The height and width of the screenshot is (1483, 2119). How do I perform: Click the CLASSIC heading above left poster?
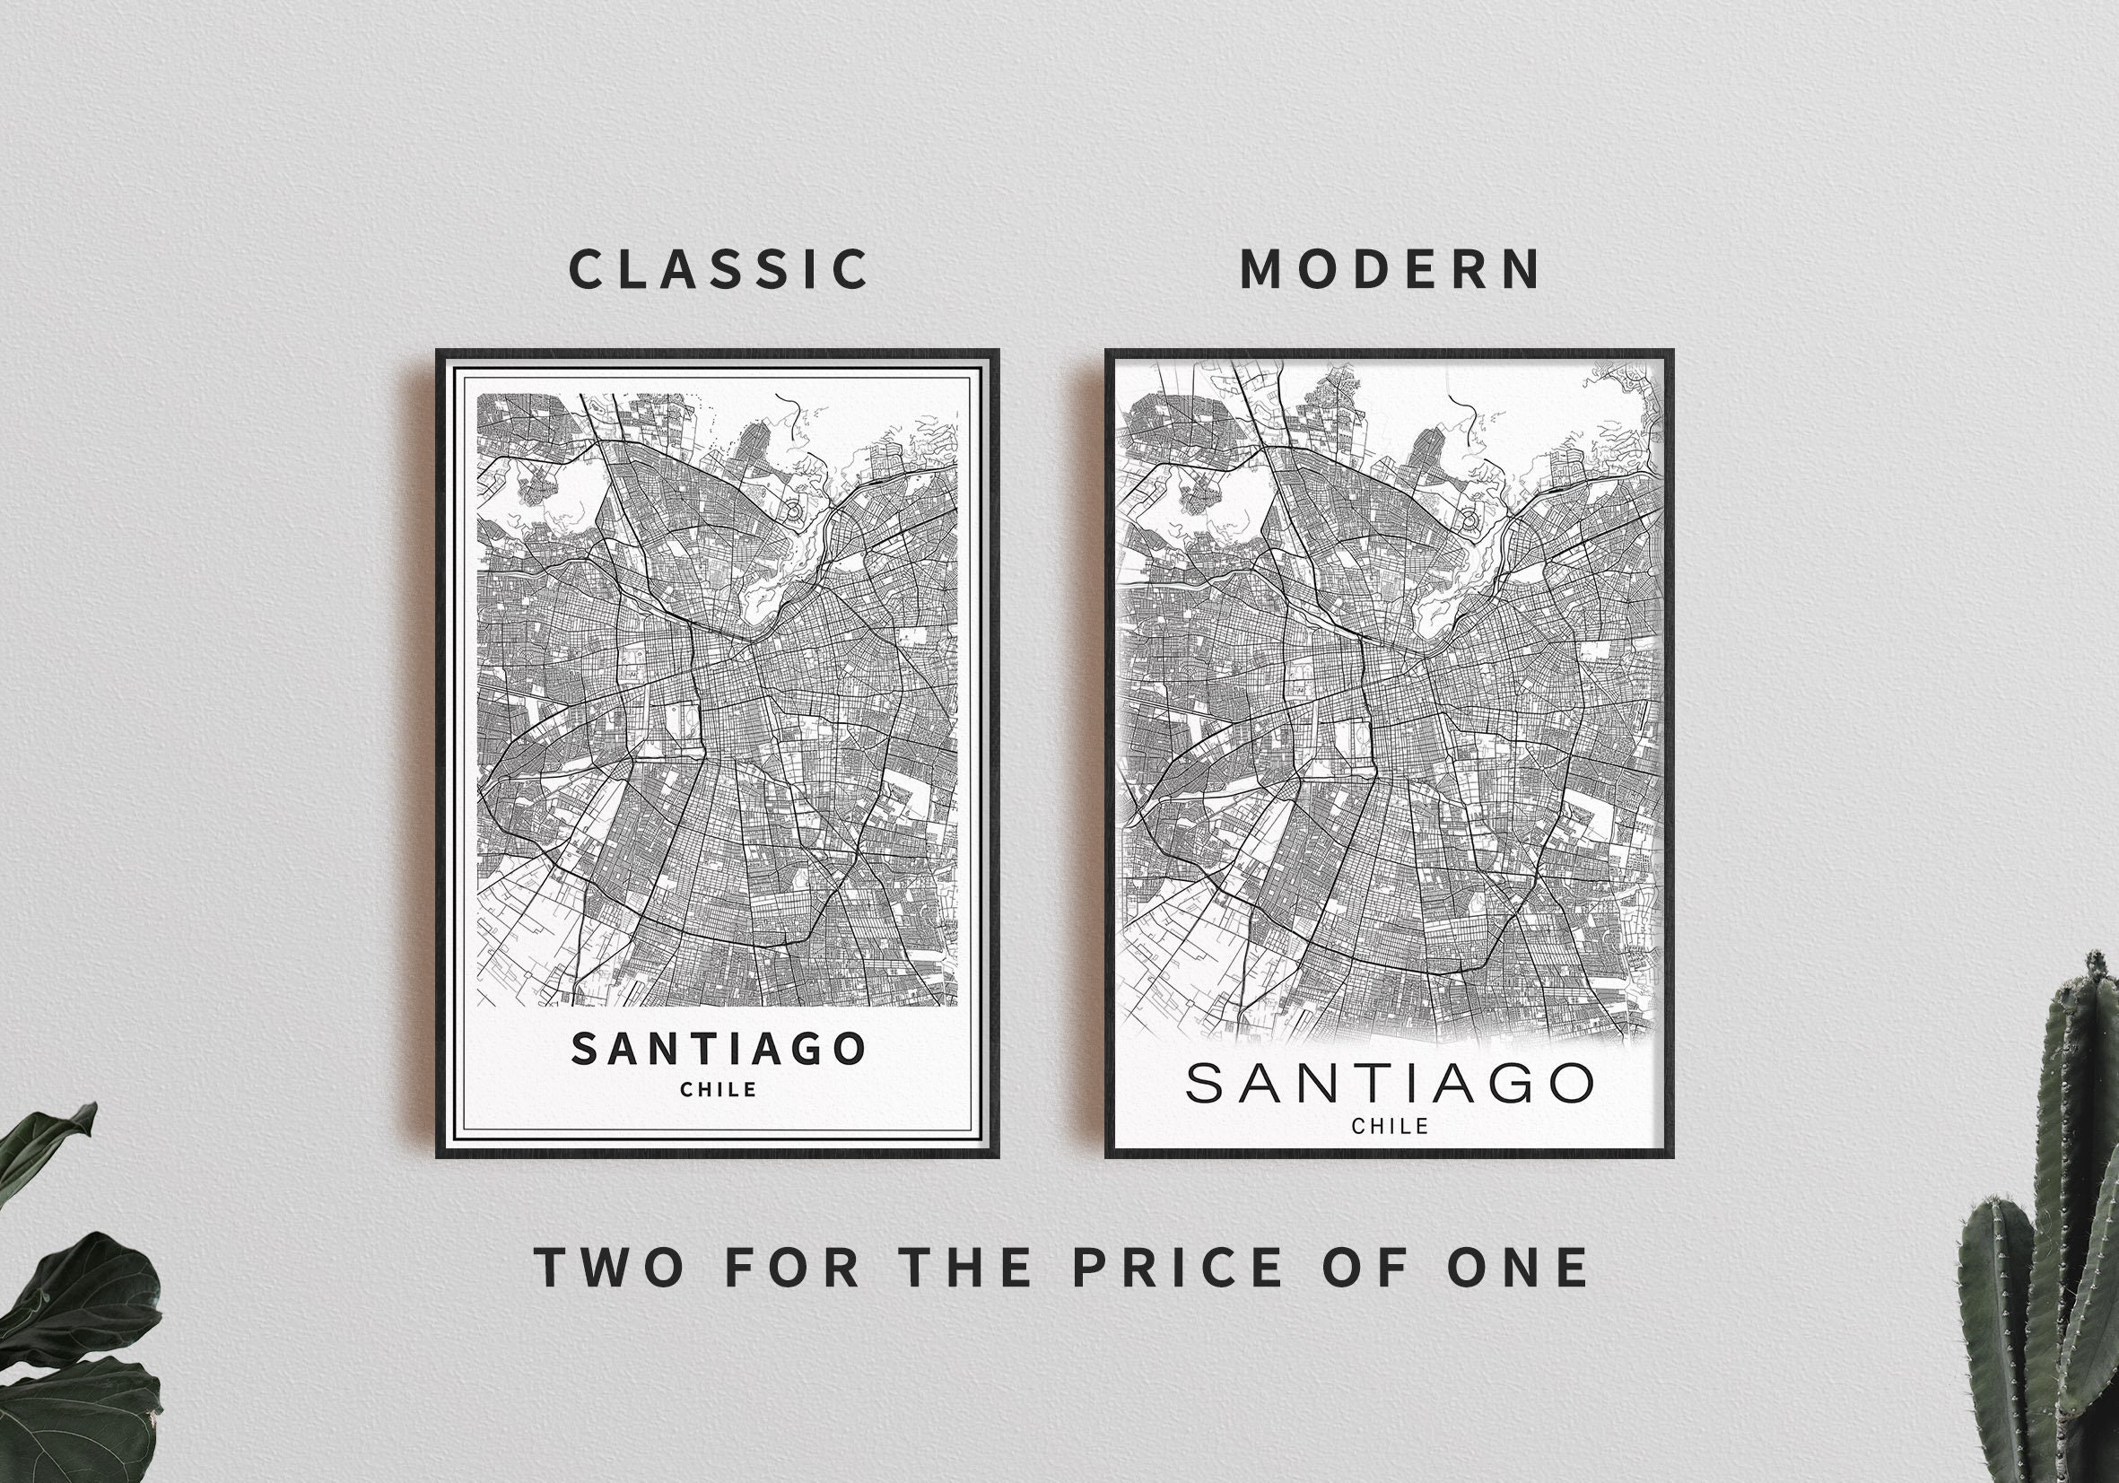[x=718, y=269]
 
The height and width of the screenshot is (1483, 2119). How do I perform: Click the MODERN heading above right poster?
[x=1389, y=269]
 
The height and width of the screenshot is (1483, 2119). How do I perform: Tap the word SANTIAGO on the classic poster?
[x=718, y=1050]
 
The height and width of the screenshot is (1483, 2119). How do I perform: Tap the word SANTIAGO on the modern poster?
[x=1389, y=1084]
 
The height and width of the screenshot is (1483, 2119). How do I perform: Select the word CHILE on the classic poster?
[x=718, y=1090]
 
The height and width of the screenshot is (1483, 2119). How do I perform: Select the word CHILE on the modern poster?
[x=1389, y=1127]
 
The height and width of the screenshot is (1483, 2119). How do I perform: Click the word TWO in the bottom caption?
[x=610, y=1267]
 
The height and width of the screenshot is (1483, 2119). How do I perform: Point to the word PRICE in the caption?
[x=1176, y=1267]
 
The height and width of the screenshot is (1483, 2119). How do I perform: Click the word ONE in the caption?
[x=1517, y=1267]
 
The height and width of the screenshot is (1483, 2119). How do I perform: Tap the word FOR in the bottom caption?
[x=792, y=1267]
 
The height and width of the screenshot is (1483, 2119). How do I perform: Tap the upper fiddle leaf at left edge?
[x=46, y=1154]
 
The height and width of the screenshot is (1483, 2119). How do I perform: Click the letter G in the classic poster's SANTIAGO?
[x=805, y=1050]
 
